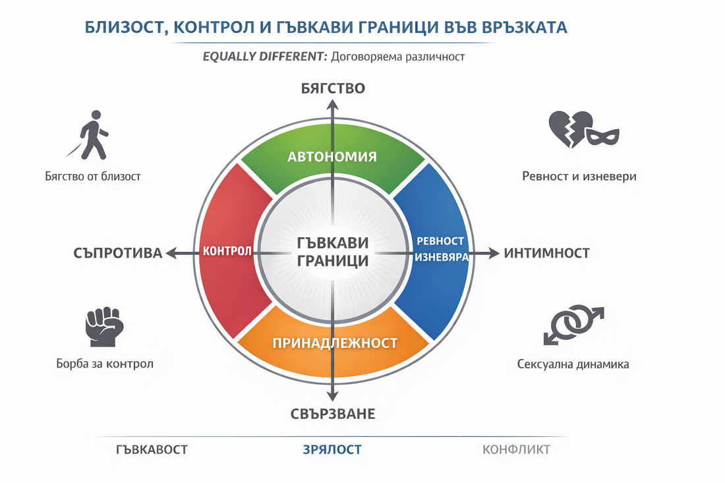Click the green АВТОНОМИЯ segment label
point(332,157)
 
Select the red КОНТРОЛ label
point(227,252)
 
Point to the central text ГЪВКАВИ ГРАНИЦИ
point(333,252)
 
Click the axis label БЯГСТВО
point(333,88)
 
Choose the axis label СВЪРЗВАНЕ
point(333,414)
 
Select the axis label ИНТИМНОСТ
point(547,252)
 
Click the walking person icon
point(94,135)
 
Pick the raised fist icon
point(104,327)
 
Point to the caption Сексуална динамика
point(573,364)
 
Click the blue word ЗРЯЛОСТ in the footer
point(332,449)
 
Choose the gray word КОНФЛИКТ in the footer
point(516,449)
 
